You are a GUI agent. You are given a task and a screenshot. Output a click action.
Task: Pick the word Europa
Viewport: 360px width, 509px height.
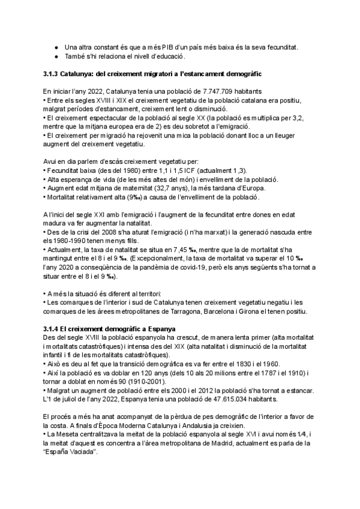256,188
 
